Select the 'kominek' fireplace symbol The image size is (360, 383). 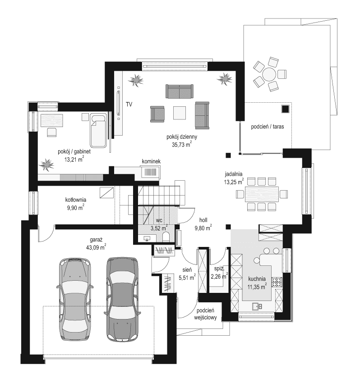150,172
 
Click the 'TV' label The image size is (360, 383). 129,105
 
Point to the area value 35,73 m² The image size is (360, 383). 180,145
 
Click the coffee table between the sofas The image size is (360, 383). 179,112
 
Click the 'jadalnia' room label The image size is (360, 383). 235,173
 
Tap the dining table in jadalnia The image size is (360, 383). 260,194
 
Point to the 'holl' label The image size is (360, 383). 203,220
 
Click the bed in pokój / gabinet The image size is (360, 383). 98,131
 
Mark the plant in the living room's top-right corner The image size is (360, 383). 224,79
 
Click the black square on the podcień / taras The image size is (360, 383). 285,109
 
